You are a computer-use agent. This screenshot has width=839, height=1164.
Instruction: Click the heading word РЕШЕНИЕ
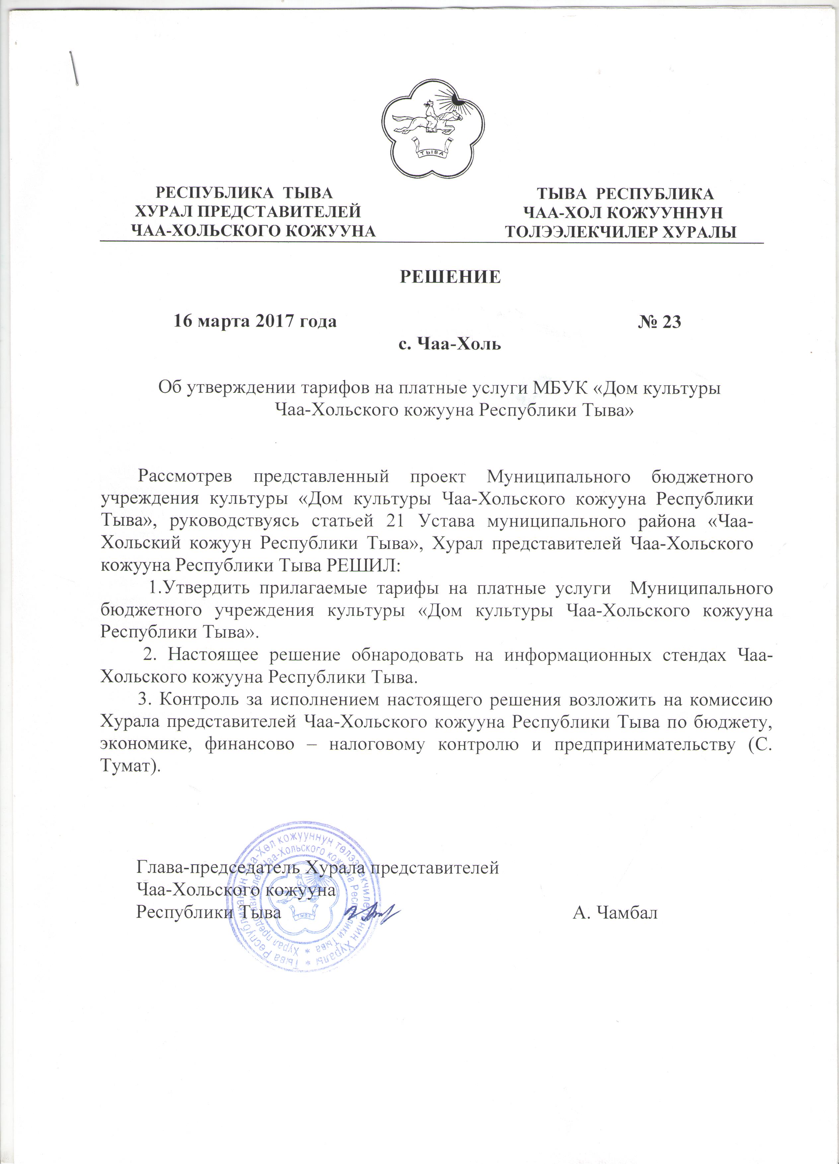[450, 277]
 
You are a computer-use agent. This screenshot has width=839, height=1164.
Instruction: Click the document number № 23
[659, 322]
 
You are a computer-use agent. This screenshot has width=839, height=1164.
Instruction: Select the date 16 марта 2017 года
[254, 322]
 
